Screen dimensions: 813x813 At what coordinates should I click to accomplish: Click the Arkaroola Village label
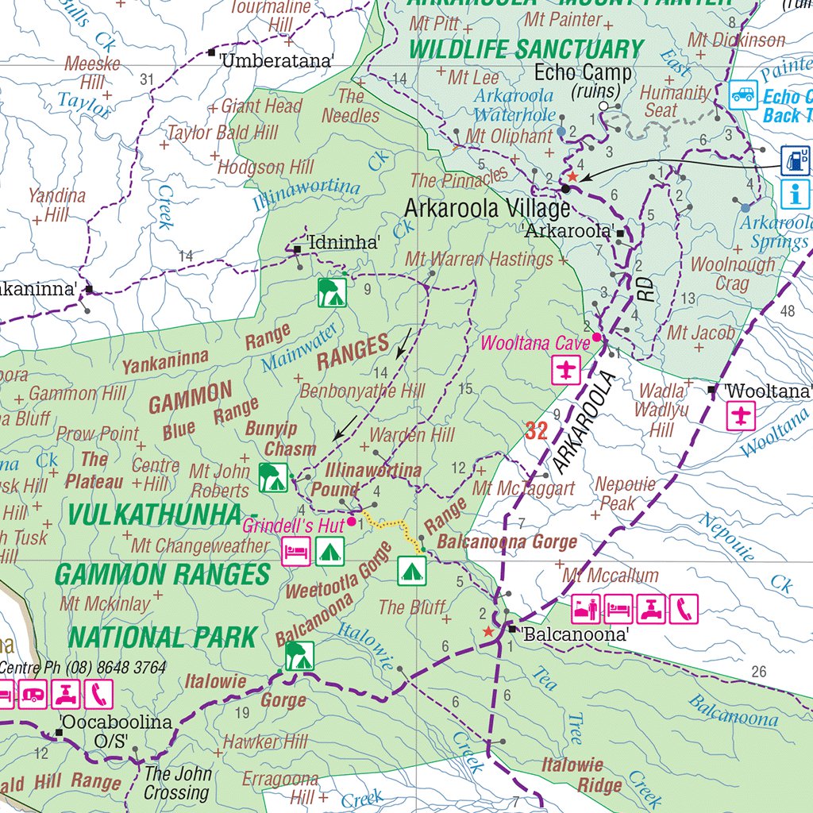tap(487, 209)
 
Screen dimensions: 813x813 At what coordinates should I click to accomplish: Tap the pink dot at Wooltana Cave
tap(595, 337)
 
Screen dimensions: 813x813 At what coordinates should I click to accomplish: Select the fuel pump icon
tap(795, 160)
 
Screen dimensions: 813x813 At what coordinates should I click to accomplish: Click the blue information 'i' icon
tap(795, 193)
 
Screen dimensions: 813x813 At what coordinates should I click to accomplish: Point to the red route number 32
tap(537, 432)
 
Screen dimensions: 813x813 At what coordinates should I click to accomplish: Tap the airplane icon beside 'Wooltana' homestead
tap(741, 416)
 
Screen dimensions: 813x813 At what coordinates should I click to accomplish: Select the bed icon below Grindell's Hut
tap(295, 551)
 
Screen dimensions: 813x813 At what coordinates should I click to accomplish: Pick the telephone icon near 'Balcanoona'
tap(684, 609)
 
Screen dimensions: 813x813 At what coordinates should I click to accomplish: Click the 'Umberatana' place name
tap(278, 60)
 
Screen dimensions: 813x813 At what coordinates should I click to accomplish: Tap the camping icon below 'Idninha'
tap(332, 292)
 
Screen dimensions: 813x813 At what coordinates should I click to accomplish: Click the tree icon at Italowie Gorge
tap(299, 656)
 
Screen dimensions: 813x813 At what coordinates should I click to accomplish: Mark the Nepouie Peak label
tap(626, 493)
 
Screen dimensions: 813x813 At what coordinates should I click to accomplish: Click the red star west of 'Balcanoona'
tap(488, 631)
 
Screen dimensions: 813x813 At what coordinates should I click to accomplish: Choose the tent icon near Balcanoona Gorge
tap(411, 570)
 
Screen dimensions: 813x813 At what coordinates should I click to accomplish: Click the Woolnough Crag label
tap(733, 273)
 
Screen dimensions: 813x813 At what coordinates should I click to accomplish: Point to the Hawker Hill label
tap(264, 742)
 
